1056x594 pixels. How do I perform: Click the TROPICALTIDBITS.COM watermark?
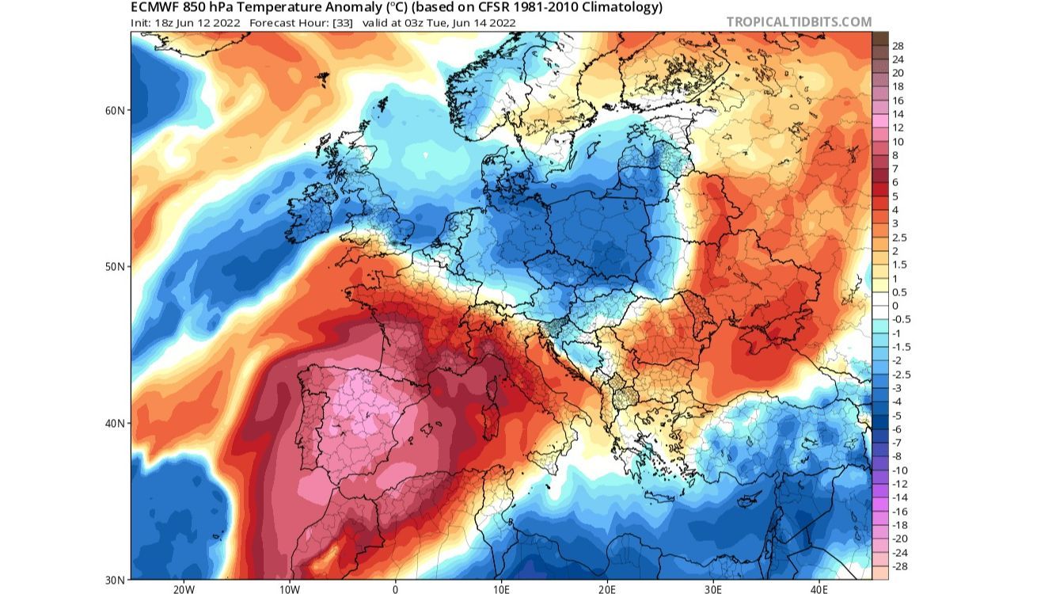[x=799, y=22]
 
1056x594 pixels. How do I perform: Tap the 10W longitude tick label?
[x=289, y=588]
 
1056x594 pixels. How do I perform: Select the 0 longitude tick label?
[x=395, y=588]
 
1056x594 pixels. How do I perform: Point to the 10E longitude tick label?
[x=501, y=588]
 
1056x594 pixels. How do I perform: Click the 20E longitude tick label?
[x=607, y=588]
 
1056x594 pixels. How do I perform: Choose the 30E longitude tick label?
[x=713, y=588]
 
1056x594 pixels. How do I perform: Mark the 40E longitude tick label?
[x=819, y=588]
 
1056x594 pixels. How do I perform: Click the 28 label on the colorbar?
[x=898, y=46]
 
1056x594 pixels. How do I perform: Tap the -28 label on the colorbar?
[x=899, y=566]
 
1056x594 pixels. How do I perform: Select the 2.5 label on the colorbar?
[x=899, y=238]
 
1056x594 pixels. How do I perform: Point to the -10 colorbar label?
[x=899, y=470]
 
